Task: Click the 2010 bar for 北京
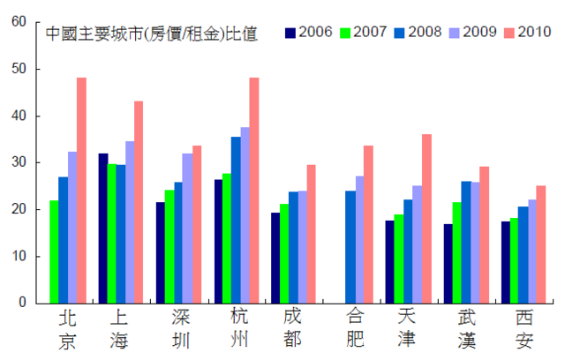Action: [x=81, y=191]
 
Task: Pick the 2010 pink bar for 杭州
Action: [x=254, y=191]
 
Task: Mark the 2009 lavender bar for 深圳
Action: [x=187, y=229]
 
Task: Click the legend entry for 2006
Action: [x=310, y=33]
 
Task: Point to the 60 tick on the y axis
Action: [x=19, y=21]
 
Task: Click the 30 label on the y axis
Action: [x=19, y=162]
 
